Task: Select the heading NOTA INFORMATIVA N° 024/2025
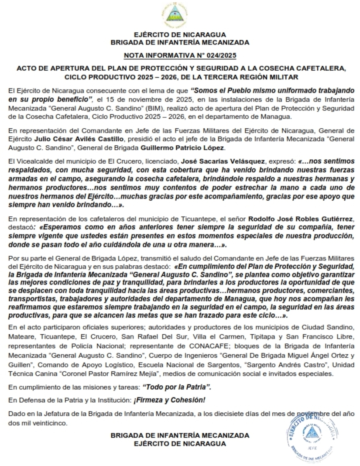click(x=180, y=55)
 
